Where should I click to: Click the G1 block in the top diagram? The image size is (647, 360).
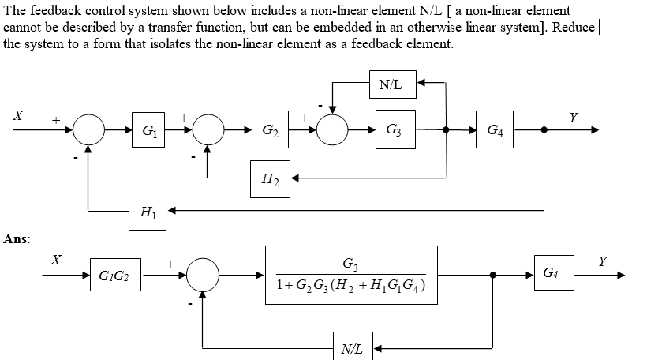coord(148,129)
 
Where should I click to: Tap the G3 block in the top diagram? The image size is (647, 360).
coord(392,129)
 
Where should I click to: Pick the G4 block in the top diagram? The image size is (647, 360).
coord(496,129)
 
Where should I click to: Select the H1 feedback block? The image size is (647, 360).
coord(148,211)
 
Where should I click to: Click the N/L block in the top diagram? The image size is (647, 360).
coord(391,84)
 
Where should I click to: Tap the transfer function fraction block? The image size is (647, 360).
coord(350,275)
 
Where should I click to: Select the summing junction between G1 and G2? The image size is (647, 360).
coord(208,129)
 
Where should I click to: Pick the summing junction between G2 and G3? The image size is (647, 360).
coord(332,129)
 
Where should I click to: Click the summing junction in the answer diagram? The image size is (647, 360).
coord(204,276)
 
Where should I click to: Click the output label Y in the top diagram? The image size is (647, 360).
coord(574,118)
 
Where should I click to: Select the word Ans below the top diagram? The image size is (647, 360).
coord(16,238)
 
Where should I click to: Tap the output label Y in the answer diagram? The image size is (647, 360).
coord(604,261)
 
